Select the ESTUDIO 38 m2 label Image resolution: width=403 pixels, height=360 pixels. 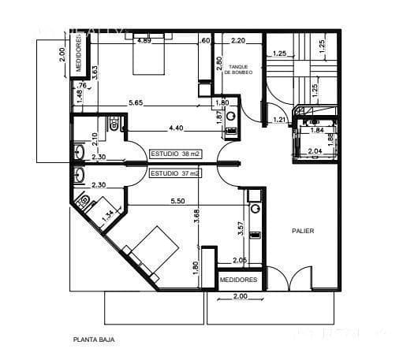(174, 154)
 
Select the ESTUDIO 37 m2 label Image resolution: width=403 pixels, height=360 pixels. (174, 172)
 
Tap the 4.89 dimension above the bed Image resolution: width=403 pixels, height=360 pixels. (144, 41)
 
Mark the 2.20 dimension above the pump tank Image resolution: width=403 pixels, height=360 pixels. (240, 40)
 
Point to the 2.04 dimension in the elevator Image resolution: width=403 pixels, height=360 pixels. (314, 150)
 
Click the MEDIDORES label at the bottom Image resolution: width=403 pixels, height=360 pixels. (238, 280)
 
